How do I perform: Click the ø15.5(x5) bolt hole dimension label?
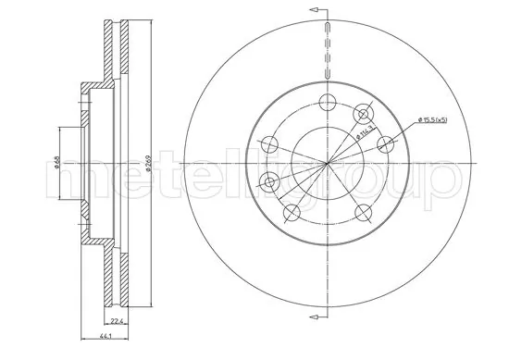pos(435,119)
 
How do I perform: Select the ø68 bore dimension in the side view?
pos(56,163)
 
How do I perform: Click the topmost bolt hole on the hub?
pos(325,103)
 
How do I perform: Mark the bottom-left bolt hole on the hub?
pos(290,215)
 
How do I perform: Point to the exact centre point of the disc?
pos(327,164)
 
